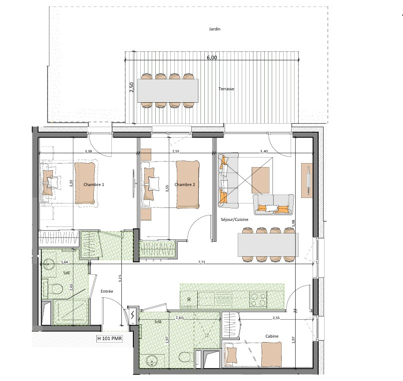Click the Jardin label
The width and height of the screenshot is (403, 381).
coord(215,29)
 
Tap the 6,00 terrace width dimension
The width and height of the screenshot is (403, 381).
coord(212,57)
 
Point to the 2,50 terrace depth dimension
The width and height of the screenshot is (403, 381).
coord(131,87)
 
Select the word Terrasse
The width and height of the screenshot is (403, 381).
coord(226,89)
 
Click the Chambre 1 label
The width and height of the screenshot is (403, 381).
coord(94,185)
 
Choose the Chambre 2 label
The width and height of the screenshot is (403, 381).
coord(185,185)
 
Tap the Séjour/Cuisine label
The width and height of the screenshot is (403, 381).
coord(235,219)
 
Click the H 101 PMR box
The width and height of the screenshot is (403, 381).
coord(109,339)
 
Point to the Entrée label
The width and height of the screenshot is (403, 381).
coord(107,291)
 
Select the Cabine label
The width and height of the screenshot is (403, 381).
coord(272,336)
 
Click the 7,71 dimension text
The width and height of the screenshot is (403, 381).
coord(202,262)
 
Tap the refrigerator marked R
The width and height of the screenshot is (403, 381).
coord(189,299)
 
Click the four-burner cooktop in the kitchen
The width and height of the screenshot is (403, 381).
coord(258,300)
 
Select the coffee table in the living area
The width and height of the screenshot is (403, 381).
coord(261,180)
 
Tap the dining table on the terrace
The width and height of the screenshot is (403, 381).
coord(168,91)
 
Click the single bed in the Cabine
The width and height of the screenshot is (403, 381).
coord(253,355)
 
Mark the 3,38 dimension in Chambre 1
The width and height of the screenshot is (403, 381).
coord(88,152)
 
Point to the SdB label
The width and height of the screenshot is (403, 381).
coord(158,322)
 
